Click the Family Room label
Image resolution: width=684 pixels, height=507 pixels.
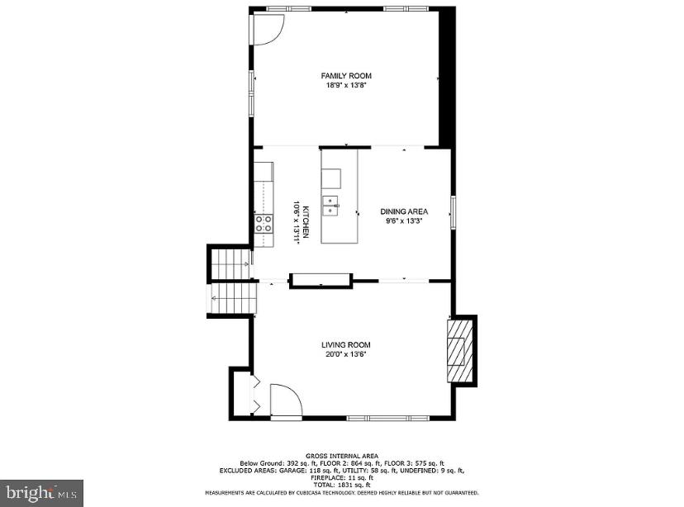point(346,75)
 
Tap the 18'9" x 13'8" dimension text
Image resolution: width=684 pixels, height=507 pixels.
point(346,84)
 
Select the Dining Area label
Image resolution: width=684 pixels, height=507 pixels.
point(404,211)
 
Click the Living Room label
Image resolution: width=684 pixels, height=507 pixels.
point(346,344)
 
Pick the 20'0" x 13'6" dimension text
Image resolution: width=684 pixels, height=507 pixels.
point(346,354)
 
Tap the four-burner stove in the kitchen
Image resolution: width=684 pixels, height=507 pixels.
point(264,222)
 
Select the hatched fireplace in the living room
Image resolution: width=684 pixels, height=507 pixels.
point(457,351)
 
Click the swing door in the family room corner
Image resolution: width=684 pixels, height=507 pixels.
point(268,30)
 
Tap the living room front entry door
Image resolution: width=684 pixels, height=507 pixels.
point(286,402)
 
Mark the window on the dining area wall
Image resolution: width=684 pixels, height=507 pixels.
point(452,211)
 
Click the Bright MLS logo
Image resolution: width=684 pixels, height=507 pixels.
point(42,494)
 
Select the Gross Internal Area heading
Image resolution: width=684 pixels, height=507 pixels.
point(342,456)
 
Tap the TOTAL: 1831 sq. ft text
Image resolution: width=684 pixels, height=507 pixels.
point(341,485)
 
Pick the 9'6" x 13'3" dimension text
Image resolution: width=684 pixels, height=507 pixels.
point(404,220)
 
